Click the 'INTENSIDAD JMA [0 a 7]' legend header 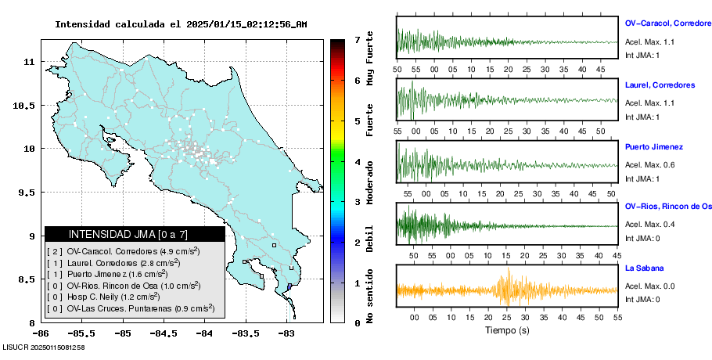pos(128,234)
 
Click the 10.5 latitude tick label pos(27,105)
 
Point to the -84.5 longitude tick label pos(163,333)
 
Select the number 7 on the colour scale pos(357,39)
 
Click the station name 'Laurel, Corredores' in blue pos(660,85)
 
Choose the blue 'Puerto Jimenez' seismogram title pos(654,146)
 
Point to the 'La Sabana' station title pos(644,268)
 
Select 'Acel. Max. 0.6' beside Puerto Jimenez pos(649,164)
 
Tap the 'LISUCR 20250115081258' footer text pos(44,346)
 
